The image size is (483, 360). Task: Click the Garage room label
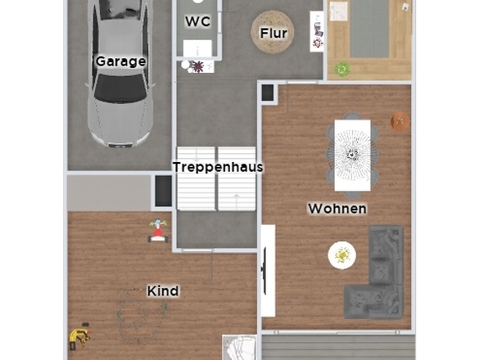tap(120, 61)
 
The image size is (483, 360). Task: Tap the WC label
tap(198, 21)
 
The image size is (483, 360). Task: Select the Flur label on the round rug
tap(273, 33)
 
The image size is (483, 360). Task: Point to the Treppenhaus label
tap(218, 167)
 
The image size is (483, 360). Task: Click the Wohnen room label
tap(337, 209)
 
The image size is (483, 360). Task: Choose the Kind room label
tap(163, 290)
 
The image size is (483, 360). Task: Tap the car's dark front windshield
tap(120, 88)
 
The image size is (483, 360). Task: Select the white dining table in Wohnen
tap(352, 155)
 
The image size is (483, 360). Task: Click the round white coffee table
tap(342, 255)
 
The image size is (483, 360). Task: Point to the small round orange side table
tap(400, 121)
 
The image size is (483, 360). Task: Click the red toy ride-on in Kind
tap(158, 231)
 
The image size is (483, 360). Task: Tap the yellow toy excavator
tap(79, 338)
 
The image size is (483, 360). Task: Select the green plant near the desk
tap(342, 70)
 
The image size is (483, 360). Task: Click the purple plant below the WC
tap(198, 66)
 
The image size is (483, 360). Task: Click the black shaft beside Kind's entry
tap(163, 191)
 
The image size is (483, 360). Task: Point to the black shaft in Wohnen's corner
tap(268, 92)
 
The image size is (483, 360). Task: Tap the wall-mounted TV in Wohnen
tap(264, 271)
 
